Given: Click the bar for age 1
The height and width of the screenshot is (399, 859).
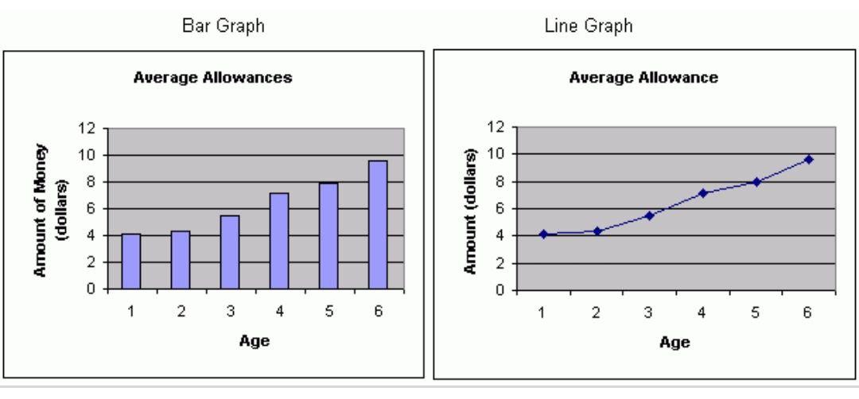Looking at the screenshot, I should tap(131, 261).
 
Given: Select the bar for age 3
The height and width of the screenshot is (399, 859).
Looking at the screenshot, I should tap(230, 252).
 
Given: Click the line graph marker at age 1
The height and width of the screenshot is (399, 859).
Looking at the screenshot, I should tap(543, 234).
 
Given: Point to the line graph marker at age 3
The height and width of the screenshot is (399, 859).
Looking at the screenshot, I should tap(649, 215).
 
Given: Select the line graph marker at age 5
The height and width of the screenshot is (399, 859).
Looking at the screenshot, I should tap(756, 181).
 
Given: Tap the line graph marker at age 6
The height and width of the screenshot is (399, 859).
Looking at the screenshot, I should tap(809, 159).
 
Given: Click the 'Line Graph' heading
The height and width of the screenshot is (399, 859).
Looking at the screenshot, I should tap(643, 27).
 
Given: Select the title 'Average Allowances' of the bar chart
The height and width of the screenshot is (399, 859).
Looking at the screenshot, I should tap(212, 79).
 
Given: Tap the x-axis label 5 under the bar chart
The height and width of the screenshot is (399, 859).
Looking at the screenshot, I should tap(328, 312).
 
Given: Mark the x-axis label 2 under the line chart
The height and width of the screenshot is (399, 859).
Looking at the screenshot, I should tap(596, 311).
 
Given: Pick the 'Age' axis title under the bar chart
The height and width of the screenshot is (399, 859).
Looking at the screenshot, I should tap(255, 342).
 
